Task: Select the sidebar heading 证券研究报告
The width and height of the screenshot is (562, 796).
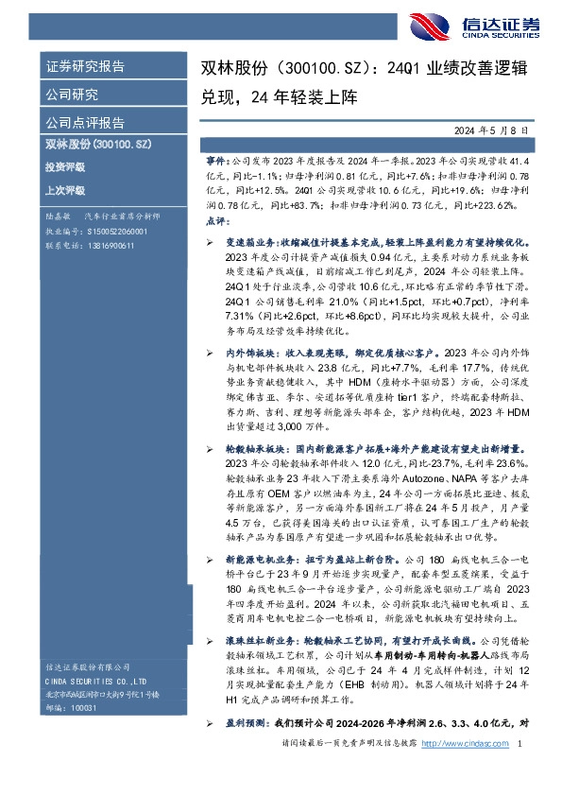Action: click(x=85, y=67)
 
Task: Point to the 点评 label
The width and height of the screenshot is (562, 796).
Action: click(x=215, y=219)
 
